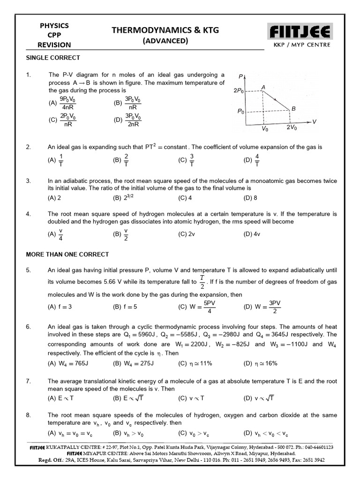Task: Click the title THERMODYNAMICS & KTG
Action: (x=165, y=30)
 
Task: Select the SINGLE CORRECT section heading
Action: (x=53, y=58)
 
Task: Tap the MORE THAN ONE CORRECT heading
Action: (x=67, y=254)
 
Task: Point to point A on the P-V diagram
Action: (x=263, y=88)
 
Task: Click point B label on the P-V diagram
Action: (x=293, y=108)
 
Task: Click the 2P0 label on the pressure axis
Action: (x=238, y=91)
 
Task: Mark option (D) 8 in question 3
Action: (x=250, y=198)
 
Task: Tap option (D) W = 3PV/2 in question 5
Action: (x=262, y=307)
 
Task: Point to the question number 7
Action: (x=28, y=382)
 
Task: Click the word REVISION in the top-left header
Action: (x=55, y=45)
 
